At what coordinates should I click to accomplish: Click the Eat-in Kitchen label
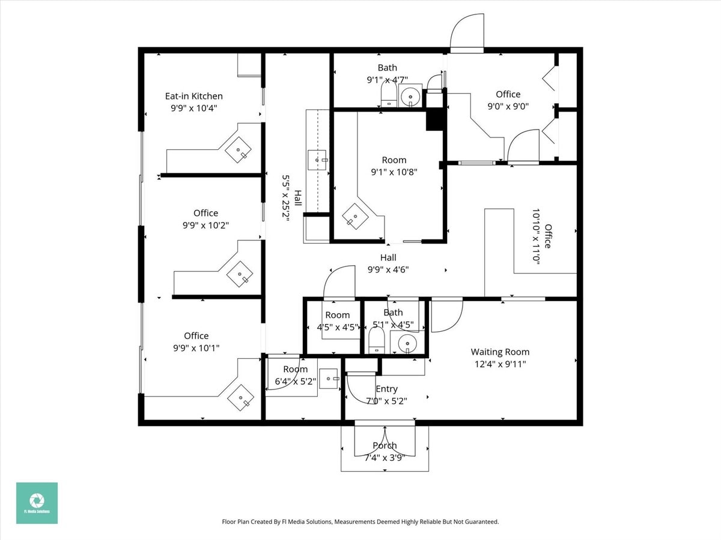(193, 96)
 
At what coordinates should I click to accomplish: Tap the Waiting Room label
(500, 352)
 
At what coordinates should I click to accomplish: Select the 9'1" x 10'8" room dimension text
(394, 172)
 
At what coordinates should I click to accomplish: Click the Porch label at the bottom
(385, 446)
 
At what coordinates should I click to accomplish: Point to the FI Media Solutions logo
(37, 503)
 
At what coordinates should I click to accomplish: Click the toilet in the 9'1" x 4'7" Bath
(388, 94)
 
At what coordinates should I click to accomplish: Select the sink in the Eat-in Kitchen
(239, 150)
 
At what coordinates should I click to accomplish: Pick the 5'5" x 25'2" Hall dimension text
(286, 198)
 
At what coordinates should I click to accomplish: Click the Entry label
(386, 389)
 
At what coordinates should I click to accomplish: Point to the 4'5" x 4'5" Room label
(337, 316)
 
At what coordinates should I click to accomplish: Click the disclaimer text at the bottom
(360, 522)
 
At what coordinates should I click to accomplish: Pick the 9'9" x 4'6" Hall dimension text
(388, 269)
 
